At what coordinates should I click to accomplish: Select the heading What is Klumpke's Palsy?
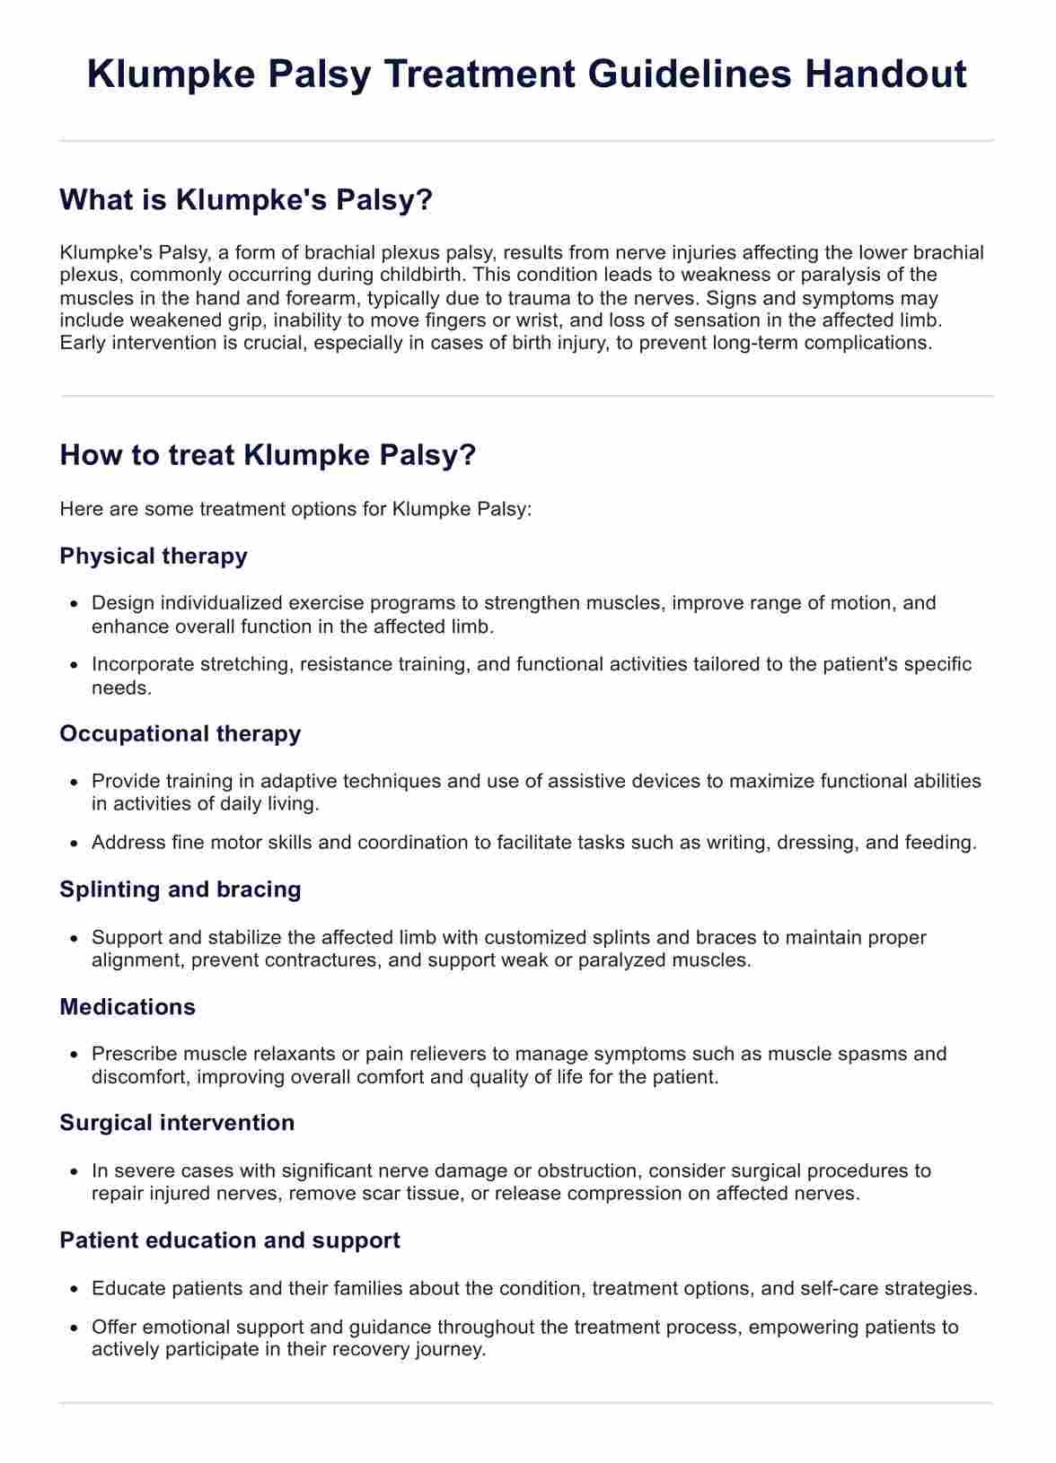246,199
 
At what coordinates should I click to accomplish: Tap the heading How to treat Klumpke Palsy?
267,455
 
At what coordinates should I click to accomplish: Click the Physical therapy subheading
154,556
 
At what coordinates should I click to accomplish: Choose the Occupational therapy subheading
180,733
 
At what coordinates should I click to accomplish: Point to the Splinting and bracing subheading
180,889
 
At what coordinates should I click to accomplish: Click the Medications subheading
128,1006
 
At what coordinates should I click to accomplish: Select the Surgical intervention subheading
177,1123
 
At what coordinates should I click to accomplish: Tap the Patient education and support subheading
230,1240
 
